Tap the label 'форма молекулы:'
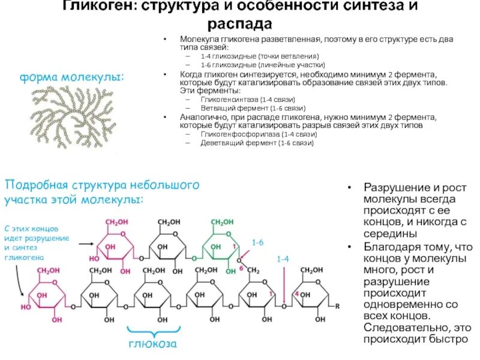(x=73, y=77)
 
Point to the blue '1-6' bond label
(x=257, y=242)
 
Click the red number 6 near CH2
(x=241, y=268)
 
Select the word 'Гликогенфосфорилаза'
(x=233, y=135)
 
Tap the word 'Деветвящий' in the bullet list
(x=220, y=143)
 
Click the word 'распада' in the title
(x=240, y=24)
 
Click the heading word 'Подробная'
(x=36, y=185)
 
